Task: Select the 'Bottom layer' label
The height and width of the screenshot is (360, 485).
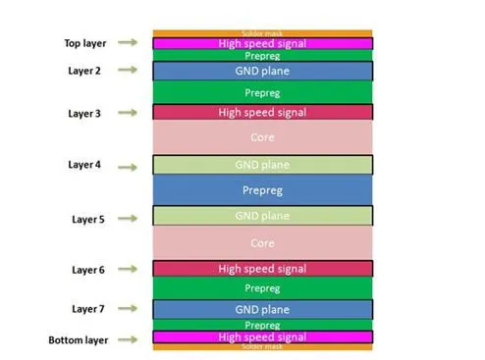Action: pyautogui.click(x=78, y=340)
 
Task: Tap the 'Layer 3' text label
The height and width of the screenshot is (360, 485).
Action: pyautogui.click(x=84, y=114)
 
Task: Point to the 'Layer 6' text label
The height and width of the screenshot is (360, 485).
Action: pyautogui.click(x=84, y=269)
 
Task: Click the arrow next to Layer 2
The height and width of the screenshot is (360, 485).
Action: pyautogui.click(x=127, y=72)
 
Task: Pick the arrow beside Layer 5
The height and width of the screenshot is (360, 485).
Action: pyautogui.click(x=127, y=219)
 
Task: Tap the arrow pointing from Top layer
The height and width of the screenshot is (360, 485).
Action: pyautogui.click(x=127, y=43)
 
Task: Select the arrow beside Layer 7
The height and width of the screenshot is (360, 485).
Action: pyautogui.click(x=127, y=309)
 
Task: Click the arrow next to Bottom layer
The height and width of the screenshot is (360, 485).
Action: pyautogui.click(x=127, y=340)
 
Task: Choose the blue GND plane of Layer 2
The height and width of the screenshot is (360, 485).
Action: pyautogui.click(x=262, y=72)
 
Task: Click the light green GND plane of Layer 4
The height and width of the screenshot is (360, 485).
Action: pyautogui.click(x=262, y=165)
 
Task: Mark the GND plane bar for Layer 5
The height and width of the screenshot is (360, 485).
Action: pyautogui.click(x=262, y=216)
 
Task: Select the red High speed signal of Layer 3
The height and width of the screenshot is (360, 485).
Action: pyautogui.click(x=262, y=113)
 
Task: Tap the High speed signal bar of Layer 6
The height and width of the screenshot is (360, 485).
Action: pyautogui.click(x=262, y=269)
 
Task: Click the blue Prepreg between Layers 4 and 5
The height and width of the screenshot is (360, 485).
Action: pyautogui.click(x=262, y=190)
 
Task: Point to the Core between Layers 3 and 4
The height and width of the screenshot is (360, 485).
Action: pyautogui.click(x=262, y=138)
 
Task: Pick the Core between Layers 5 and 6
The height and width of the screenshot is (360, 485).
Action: pyautogui.click(x=262, y=242)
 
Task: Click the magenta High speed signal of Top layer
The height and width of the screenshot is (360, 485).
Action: pyautogui.click(x=262, y=44)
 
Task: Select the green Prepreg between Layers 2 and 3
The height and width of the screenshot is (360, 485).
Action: pyautogui.click(x=262, y=92)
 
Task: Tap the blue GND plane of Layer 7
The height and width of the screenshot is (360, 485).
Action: pyautogui.click(x=262, y=309)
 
